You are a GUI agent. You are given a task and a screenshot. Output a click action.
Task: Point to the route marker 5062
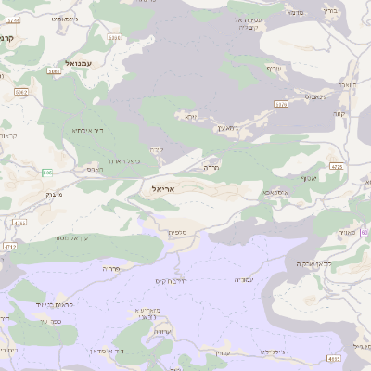21,93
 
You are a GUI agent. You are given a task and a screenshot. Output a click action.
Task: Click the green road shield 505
46,172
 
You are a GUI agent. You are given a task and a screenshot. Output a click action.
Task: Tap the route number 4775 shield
337,167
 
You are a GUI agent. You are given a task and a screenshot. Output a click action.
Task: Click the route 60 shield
364,232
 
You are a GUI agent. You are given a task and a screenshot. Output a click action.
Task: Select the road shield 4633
334,357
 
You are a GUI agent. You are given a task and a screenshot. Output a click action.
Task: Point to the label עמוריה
244,278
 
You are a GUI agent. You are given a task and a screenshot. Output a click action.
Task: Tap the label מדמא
296,13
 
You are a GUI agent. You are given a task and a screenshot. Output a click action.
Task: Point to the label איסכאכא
275,192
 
